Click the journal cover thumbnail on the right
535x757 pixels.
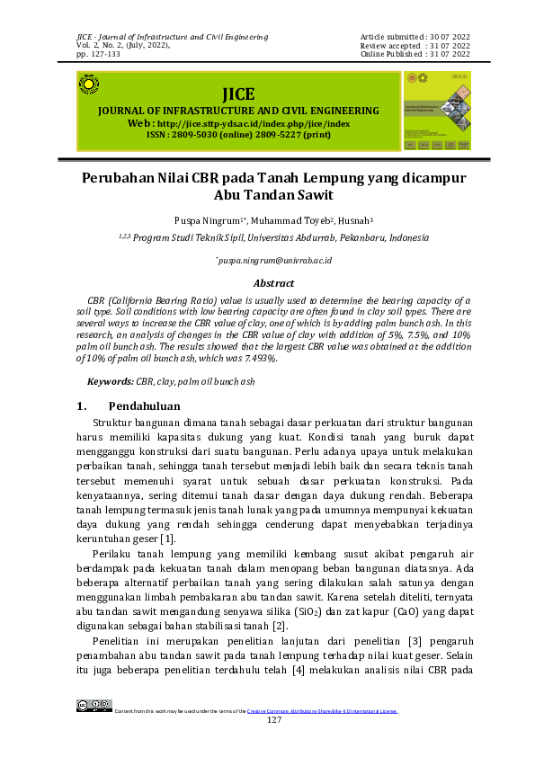(x=437, y=111)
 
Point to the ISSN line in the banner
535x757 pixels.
(x=239, y=134)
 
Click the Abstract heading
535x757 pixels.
(x=273, y=282)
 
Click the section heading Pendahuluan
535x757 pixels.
(x=143, y=405)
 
